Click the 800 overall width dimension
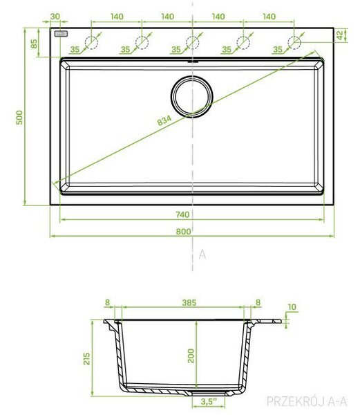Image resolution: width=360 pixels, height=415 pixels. point(183,232)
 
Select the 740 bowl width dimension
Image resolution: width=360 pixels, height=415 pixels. point(182,214)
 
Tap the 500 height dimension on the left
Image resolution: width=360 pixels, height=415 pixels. point(19,118)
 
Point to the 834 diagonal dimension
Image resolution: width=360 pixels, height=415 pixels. point(164,120)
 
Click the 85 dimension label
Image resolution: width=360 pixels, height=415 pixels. point(34,44)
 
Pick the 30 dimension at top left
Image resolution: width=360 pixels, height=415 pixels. point(55,17)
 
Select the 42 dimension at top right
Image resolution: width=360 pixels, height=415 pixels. point(340,35)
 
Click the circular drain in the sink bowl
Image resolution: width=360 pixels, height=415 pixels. point(191,96)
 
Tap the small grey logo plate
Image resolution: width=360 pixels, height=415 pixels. point(61,34)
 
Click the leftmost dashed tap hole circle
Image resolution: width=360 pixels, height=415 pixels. point(91,43)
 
